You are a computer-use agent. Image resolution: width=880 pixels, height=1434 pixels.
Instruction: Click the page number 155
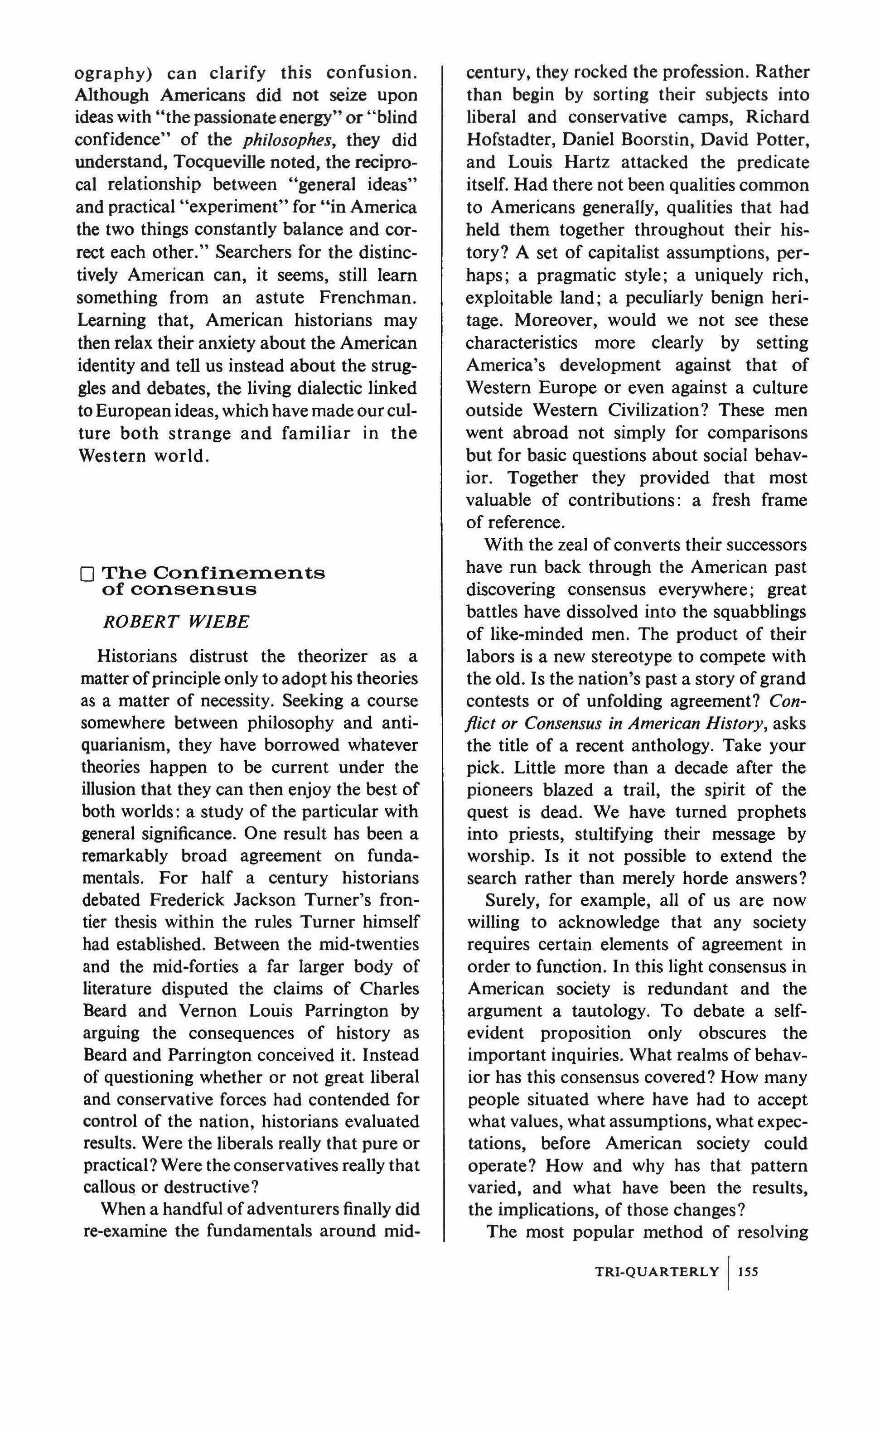(x=748, y=1272)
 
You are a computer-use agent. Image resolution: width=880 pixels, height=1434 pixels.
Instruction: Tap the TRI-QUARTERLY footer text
(x=657, y=1272)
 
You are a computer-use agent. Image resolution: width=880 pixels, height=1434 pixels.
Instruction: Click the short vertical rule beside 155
(x=728, y=1273)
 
